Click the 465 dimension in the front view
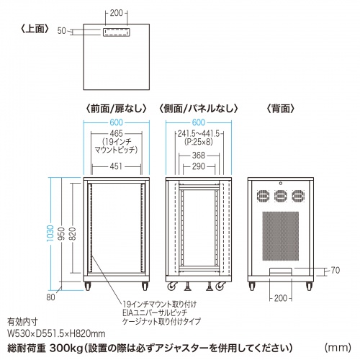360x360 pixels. click(116, 135)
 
